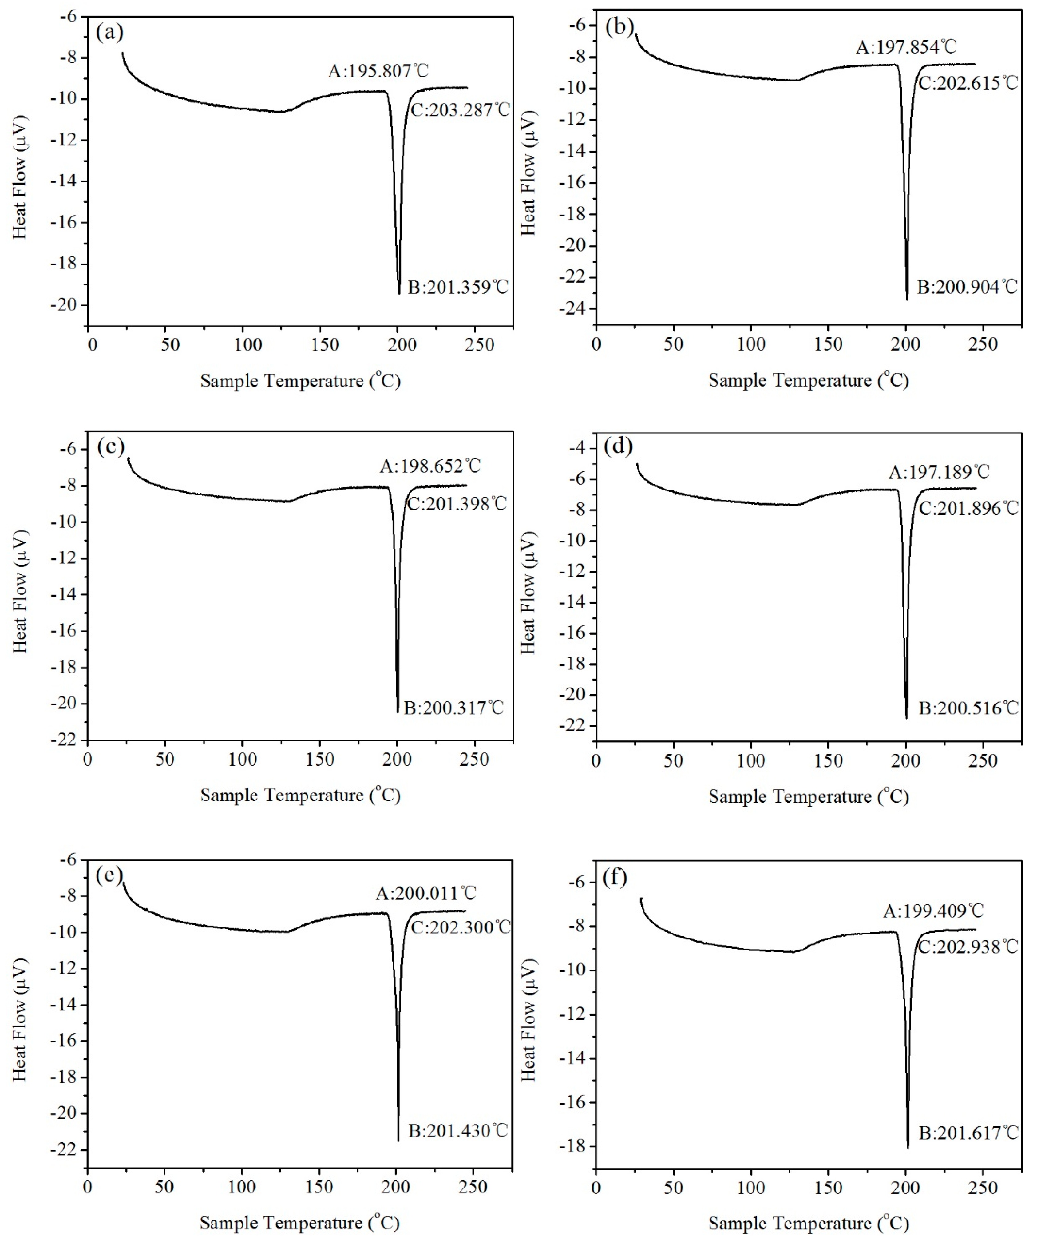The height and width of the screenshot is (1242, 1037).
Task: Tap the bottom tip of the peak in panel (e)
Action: click(398, 1141)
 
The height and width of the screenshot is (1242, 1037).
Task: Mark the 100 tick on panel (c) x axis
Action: click(242, 760)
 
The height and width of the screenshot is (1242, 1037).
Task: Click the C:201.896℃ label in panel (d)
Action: click(968, 508)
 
